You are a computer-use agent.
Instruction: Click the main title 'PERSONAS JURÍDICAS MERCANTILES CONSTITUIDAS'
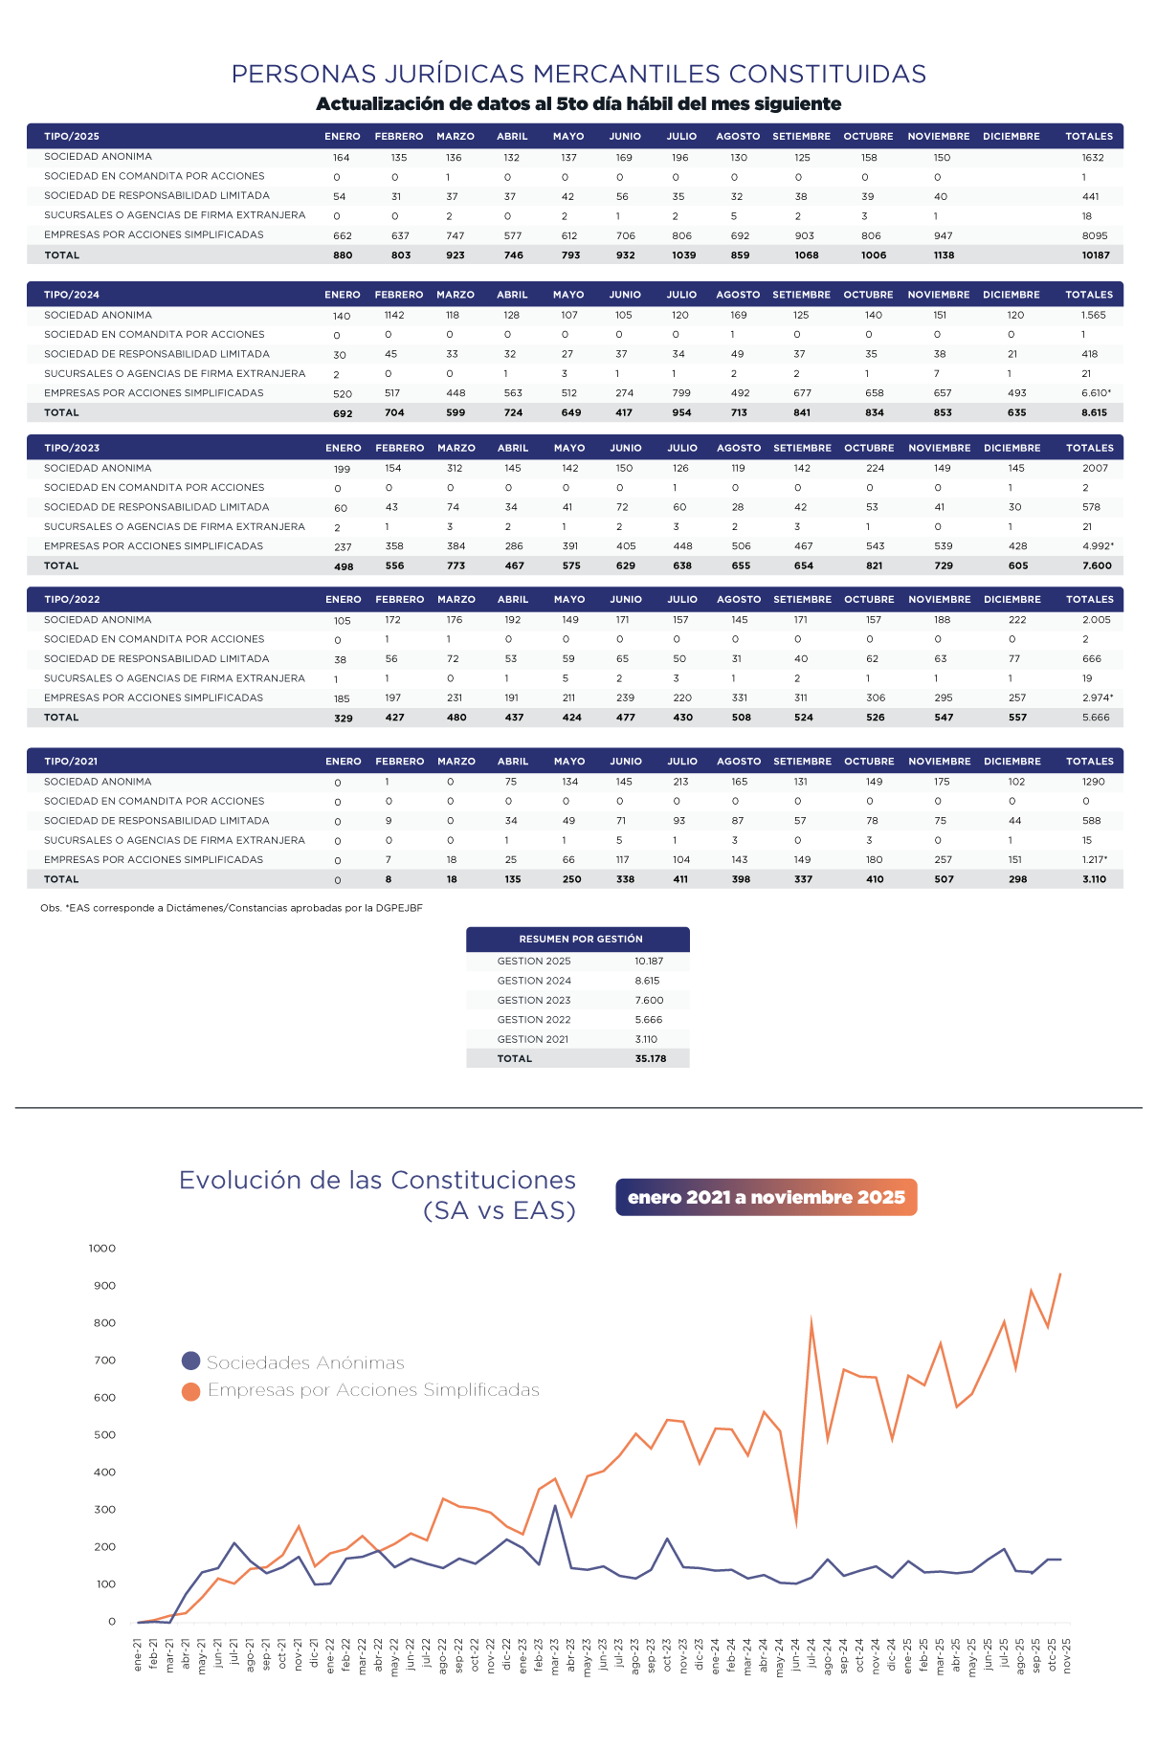point(578,74)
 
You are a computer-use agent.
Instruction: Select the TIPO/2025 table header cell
point(72,136)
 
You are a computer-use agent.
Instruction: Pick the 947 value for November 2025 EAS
point(943,235)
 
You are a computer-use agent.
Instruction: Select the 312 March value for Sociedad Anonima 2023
point(455,468)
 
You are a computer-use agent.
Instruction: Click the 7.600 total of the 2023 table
point(1097,565)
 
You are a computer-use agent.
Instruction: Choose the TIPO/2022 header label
point(72,599)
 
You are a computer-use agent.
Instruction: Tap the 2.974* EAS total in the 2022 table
point(1098,697)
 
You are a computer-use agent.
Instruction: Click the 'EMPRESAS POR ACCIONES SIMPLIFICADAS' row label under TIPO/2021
point(153,859)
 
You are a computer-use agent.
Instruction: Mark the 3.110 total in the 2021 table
point(1094,879)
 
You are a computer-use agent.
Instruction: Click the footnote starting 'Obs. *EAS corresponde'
point(232,907)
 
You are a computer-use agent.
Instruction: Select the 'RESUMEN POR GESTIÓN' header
point(580,939)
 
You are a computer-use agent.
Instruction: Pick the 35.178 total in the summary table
point(650,1058)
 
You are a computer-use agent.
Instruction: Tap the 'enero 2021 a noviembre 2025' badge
point(766,1197)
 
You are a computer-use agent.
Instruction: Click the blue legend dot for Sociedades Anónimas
point(190,1362)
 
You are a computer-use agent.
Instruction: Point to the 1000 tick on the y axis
point(101,1248)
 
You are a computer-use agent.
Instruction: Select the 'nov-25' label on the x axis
point(1066,1653)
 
